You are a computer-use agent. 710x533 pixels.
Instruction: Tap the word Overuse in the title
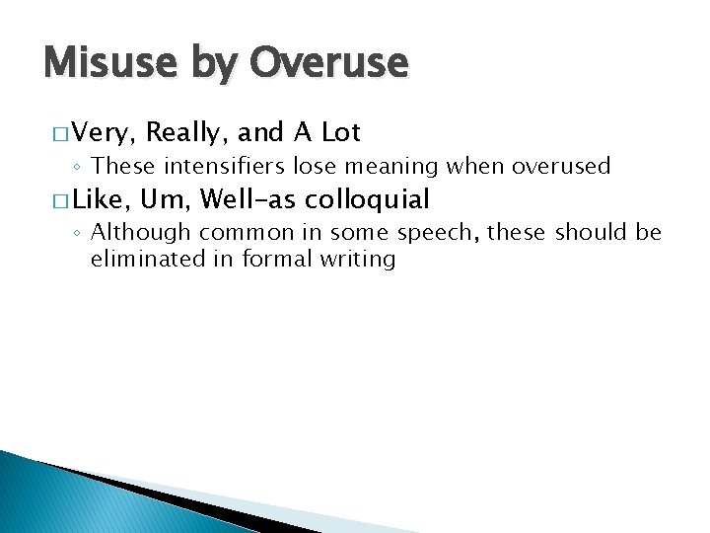(x=329, y=64)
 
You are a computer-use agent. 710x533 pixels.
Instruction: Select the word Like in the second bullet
(x=102, y=200)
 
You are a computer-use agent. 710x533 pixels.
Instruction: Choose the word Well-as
(x=248, y=200)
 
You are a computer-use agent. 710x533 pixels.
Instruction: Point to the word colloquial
(x=368, y=200)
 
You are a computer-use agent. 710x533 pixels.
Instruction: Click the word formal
(x=266, y=259)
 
